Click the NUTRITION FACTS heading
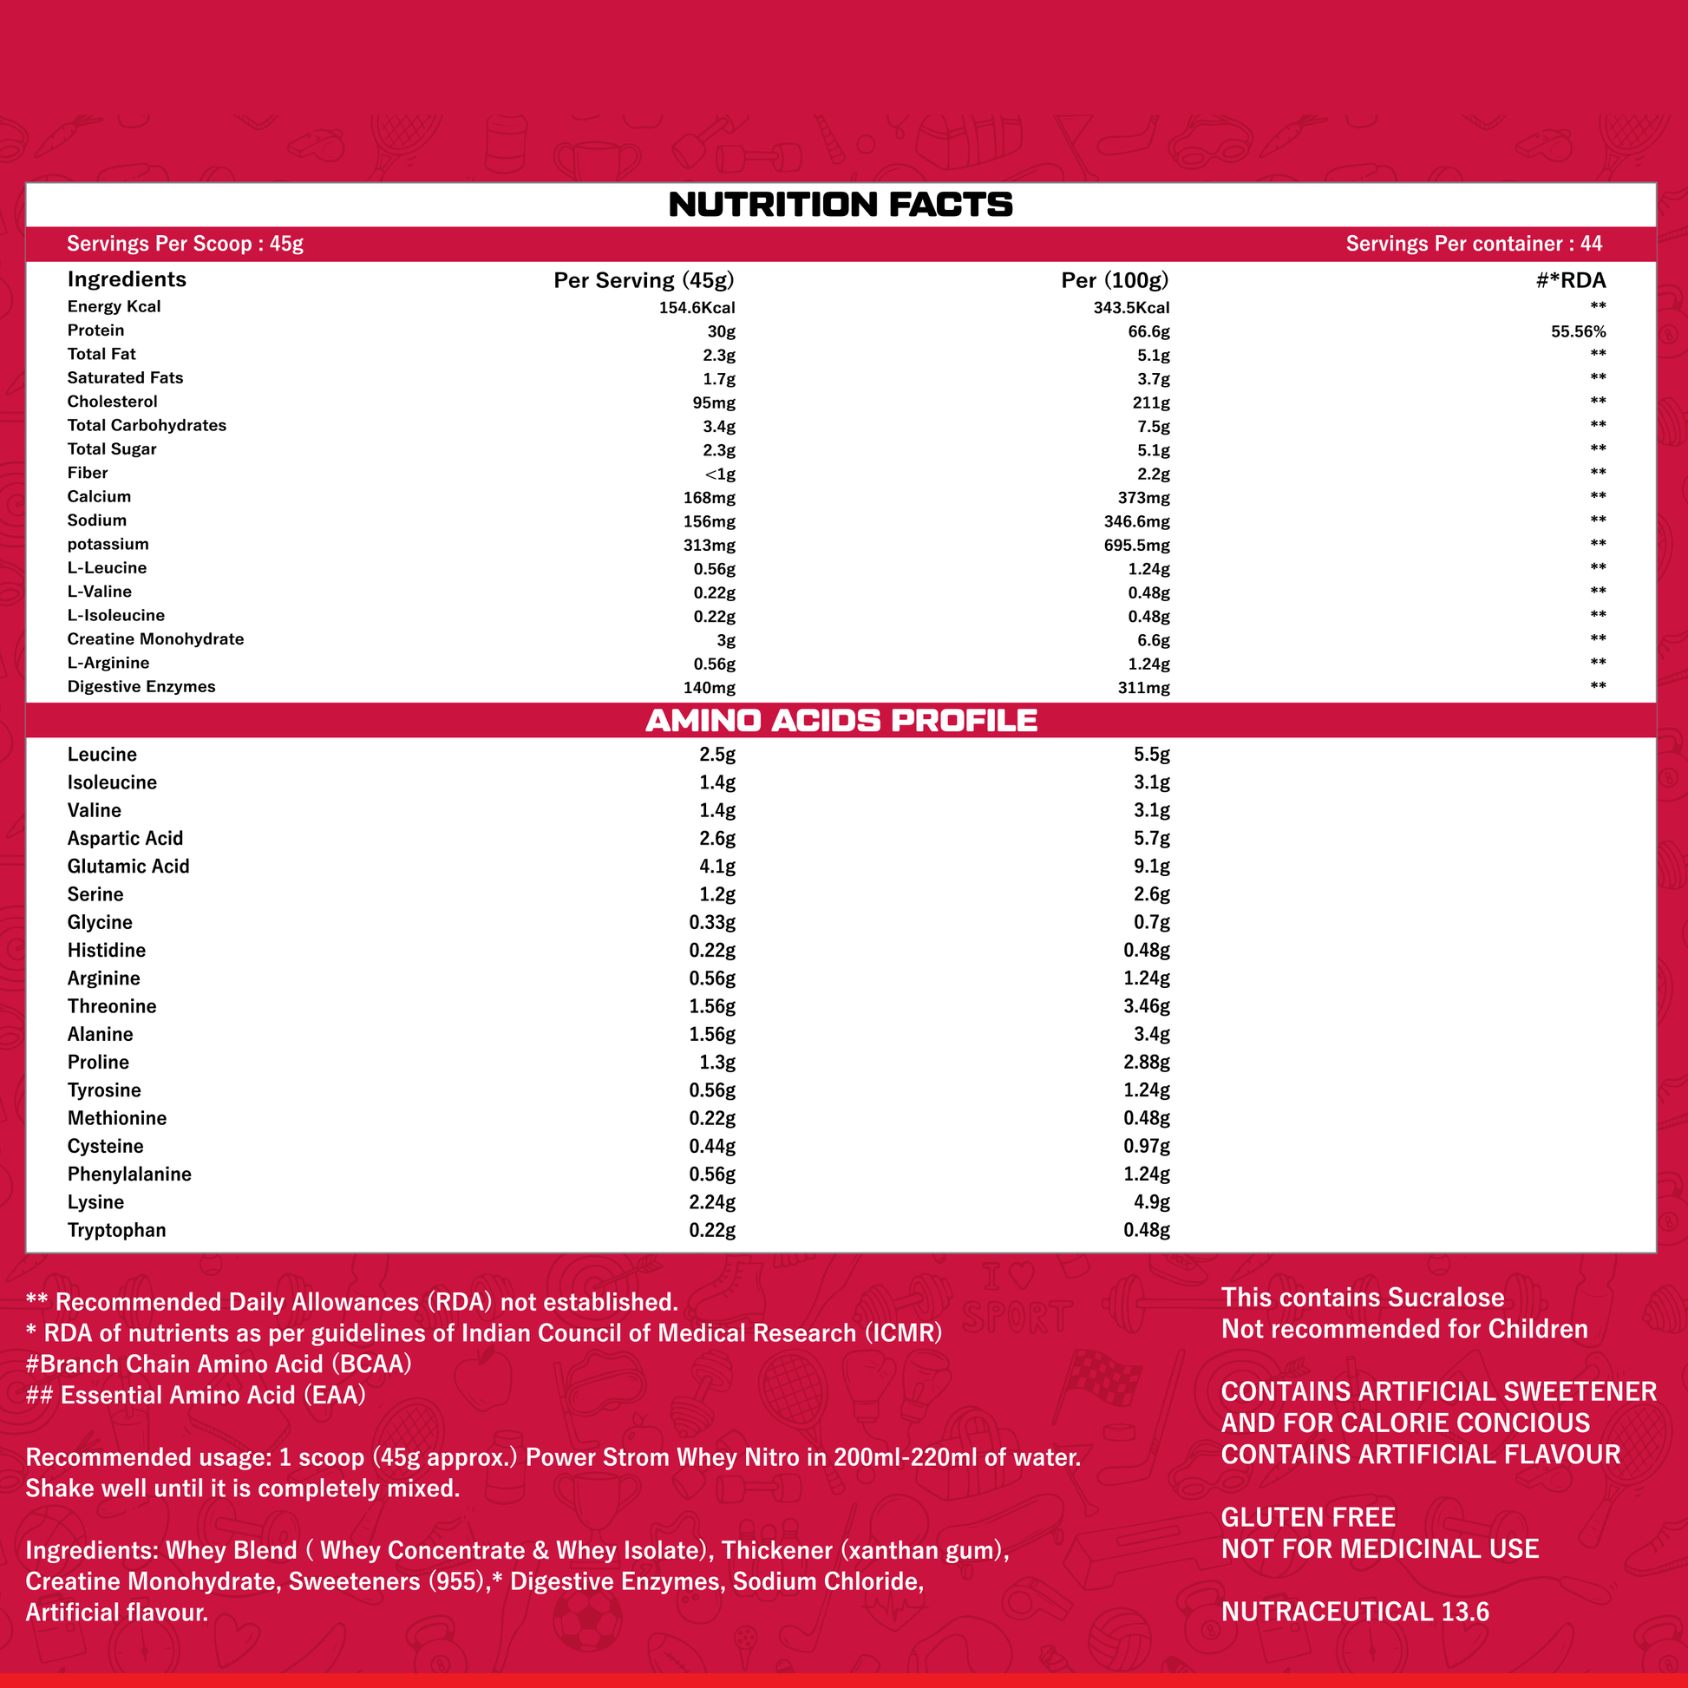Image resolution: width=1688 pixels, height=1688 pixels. pyautogui.click(x=841, y=206)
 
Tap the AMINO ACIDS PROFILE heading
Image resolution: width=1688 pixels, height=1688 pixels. pyautogui.click(x=841, y=721)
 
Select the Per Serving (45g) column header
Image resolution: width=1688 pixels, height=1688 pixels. pyautogui.click(x=644, y=280)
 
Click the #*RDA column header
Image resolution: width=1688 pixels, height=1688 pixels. pyautogui.click(x=1571, y=280)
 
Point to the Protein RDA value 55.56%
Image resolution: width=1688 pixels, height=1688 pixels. pyautogui.click(x=1578, y=332)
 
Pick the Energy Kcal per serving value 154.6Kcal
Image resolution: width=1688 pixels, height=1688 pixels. pyautogui.click(x=697, y=308)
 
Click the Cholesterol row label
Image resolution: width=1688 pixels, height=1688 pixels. pyautogui.click(x=113, y=402)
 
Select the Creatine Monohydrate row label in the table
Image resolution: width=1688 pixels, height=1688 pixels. pyautogui.click(x=155, y=639)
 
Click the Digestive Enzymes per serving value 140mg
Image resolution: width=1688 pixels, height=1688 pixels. pyautogui.click(x=709, y=688)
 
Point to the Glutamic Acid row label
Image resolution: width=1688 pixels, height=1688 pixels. pyautogui.click(x=128, y=866)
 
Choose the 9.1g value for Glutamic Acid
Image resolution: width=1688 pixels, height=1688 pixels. pyautogui.click(x=1152, y=866)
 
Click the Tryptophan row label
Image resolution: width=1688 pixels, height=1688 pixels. pyautogui.click(x=117, y=1230)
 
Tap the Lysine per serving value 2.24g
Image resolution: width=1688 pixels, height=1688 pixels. pyautogui.click(x=712, y=1202)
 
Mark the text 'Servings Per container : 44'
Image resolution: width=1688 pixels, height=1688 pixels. pyautogui.click(x=1473, y=244)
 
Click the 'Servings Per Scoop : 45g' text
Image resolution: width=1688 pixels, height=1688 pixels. pyautogui.click(x=186, y=244)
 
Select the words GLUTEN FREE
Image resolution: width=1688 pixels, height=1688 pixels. pyautogui.click(x=1308, y=1518)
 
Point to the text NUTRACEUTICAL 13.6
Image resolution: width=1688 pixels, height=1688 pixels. pyautogui.click(x=1354, y=1612)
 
